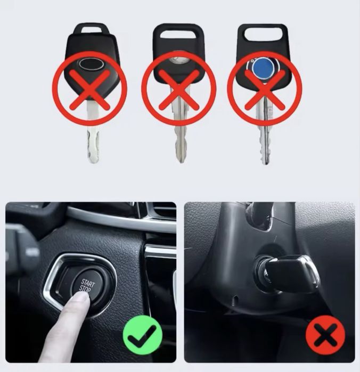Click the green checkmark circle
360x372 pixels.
click(x=143, y=334)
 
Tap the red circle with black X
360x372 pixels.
click(x=325, y=334)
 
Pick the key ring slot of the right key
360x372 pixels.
click(x=263, y=34)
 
